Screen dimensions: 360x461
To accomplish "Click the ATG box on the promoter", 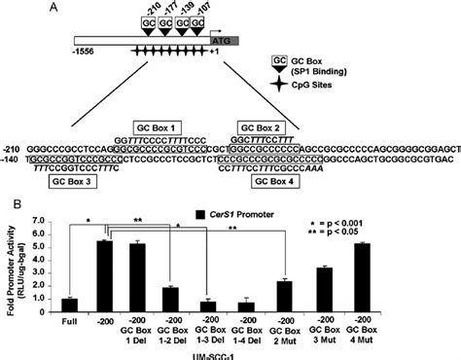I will pyautogui.click(x=223, y=43).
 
